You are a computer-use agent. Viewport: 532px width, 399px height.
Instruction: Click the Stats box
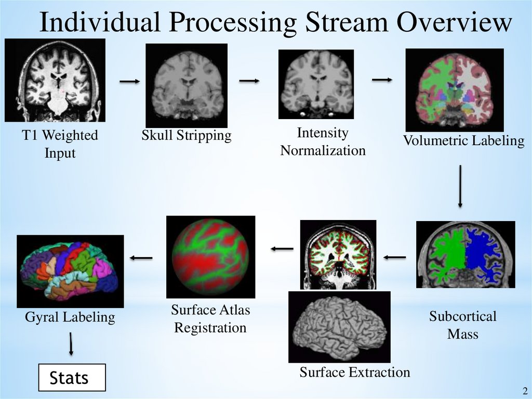pyautogui.click(x=72, y=378)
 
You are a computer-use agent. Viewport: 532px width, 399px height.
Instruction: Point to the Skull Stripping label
pyautogui.click(x=187, y=136)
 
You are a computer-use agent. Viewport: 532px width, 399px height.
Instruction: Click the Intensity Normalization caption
pyautogui.click(x=323, y=141)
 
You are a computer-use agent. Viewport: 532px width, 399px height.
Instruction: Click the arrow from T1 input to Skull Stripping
pyautogui.click(x=130, y=81)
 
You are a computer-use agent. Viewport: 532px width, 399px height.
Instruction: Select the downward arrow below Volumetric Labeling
pyautogui.click(x=460, y=186)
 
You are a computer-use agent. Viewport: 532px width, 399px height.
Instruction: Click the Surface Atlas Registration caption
pyautogui.click(x=210, y=319)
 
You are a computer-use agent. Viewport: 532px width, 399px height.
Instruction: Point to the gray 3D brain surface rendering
pyautogui.click(x=339, y=327)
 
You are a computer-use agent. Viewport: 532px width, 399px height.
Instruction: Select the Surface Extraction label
pyautogui.click(x=354, y=372)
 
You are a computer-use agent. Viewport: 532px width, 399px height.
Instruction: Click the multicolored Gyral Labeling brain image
pyautogui.click(x=70, y=271)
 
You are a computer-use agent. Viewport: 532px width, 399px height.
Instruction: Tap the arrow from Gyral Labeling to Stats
pyautogui.click(x=71, y=344)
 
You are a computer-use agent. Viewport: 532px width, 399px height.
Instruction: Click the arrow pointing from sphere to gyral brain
pyautogui.click(x=141, y=257)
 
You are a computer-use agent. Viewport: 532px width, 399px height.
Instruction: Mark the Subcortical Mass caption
pyautogui.click(x=462, y=325)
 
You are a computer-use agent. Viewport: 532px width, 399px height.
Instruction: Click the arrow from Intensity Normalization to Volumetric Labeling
pyautogui.click(x=382, y=79)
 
